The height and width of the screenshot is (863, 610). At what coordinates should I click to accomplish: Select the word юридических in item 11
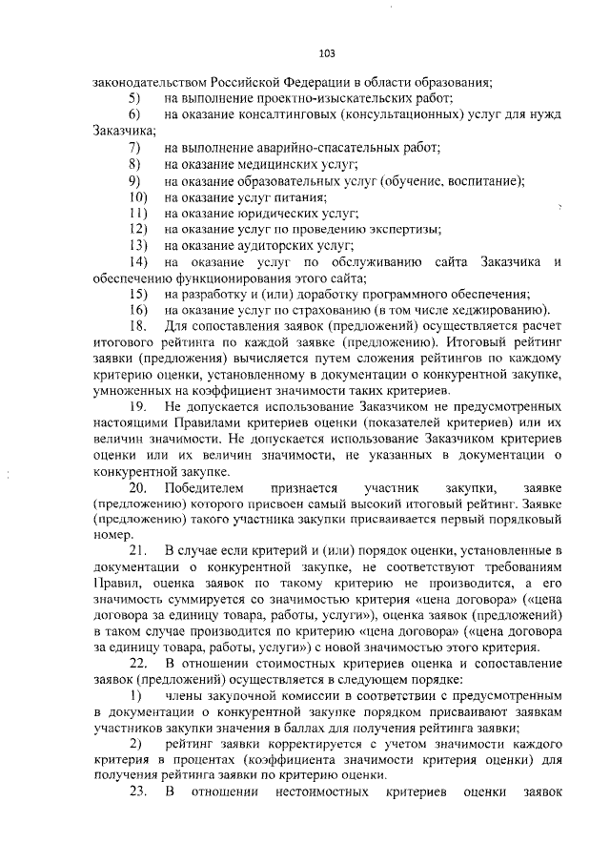pyautogui.click(x=270, y=213)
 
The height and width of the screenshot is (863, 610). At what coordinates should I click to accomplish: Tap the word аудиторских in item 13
pyautogui.click(x=270, y=245)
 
